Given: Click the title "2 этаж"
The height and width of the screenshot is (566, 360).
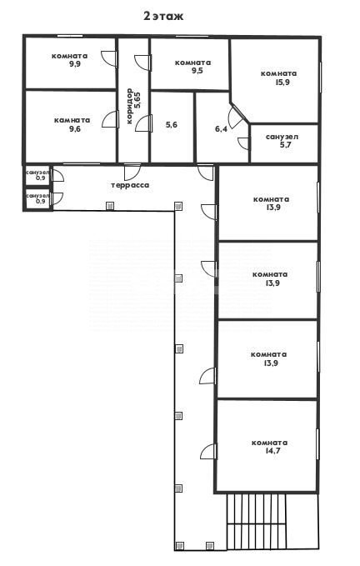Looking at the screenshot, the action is [163, 16].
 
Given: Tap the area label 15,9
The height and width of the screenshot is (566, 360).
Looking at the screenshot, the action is [282, 83].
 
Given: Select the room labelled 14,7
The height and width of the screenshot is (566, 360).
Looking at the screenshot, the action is [267, 446].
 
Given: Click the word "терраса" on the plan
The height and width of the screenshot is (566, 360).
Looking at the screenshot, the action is [130, 186].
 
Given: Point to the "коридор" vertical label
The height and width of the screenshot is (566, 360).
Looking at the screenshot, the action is [130, 107].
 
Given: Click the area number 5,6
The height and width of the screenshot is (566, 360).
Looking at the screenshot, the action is [172, 125].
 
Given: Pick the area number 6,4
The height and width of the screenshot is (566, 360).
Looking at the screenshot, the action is [221, 128].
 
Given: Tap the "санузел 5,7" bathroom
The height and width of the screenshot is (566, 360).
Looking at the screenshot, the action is [284, 143].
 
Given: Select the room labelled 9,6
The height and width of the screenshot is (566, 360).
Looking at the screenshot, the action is [71, 127].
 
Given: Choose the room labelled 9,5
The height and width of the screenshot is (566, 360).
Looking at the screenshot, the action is [189, 64].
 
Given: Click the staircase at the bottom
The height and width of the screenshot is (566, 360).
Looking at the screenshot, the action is [256, 522].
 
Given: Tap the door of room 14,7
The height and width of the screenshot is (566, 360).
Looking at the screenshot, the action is [209, 451].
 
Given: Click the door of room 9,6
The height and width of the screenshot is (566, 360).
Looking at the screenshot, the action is [110, 119].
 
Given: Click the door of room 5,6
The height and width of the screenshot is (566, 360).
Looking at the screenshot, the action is [144, 123].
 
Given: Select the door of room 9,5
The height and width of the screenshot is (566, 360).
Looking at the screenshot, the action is [142, 63].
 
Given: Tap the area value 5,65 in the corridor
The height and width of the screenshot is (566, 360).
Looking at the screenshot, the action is [137, 100].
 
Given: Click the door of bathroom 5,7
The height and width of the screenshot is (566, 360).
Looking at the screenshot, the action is [244, 143].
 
